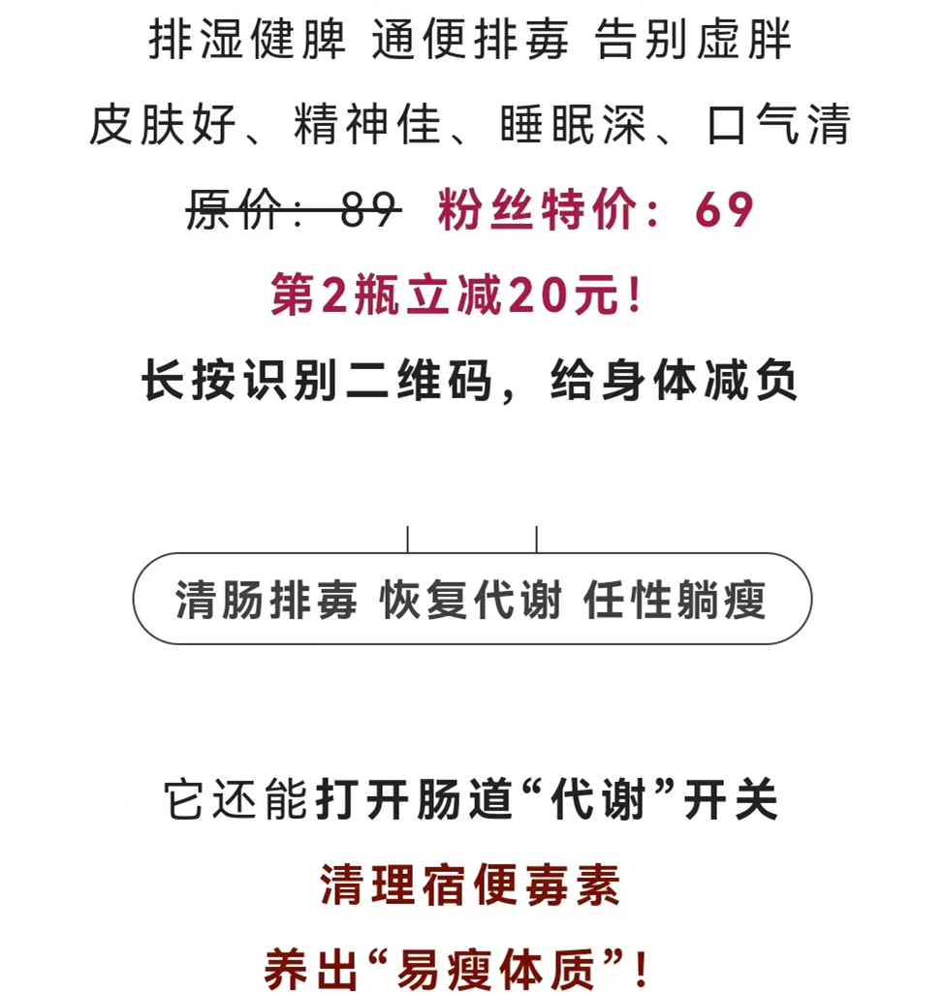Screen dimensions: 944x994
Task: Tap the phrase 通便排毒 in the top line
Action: (x=470, y=41)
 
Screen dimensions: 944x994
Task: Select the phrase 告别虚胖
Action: (x=694, y=41)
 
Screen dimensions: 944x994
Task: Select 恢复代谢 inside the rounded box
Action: (x=471, y=600)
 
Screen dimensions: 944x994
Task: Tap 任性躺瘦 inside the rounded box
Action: (x=675, y=600)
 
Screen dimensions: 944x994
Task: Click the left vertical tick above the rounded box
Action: (x=408, y=539)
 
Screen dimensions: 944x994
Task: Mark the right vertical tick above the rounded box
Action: (x=536, y=539)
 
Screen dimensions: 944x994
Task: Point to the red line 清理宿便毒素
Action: (x=470, y=885)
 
